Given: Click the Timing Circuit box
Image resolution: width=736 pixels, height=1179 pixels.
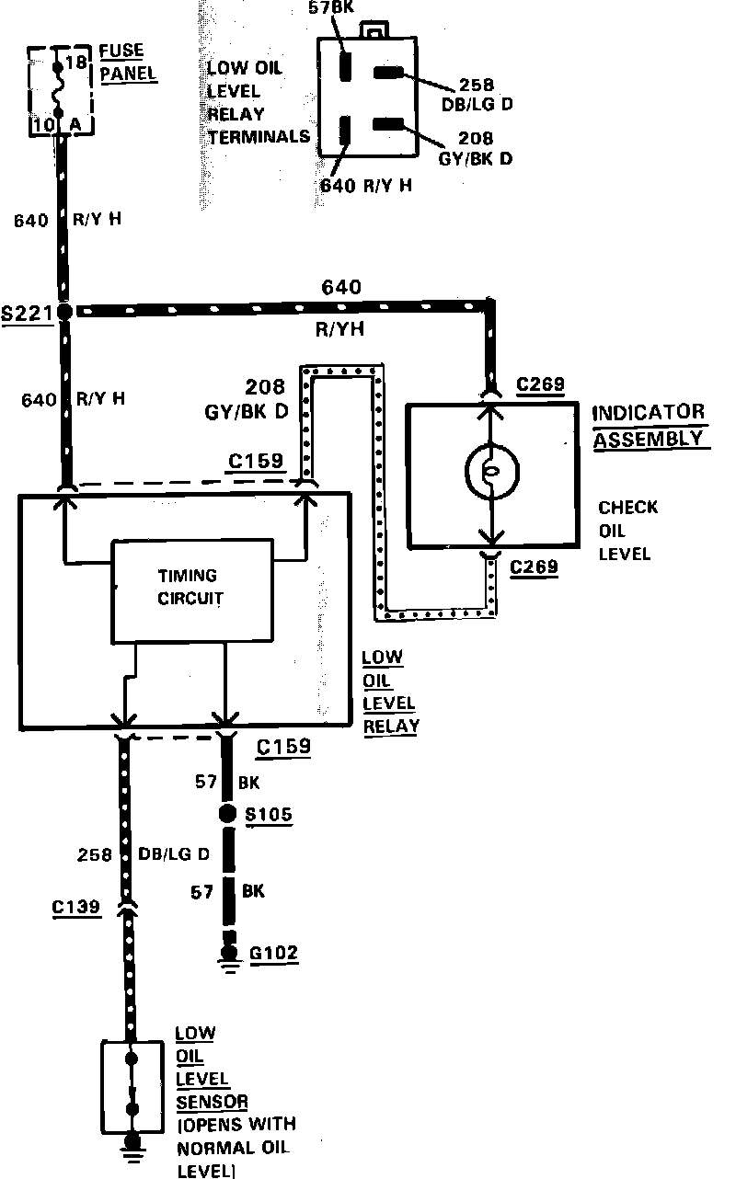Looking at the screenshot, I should tap(192, 588).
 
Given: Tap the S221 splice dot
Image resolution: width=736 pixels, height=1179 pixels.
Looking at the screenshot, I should tap(64, 313).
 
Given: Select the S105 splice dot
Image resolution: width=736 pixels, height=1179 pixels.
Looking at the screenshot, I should tap(226, 814).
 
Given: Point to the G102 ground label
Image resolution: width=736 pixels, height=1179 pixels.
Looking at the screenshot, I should tap(273, 953).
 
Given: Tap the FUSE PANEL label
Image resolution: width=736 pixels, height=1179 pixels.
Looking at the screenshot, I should tap(127, 63).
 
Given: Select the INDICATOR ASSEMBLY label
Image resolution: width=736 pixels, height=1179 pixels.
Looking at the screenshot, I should tap(650, 426).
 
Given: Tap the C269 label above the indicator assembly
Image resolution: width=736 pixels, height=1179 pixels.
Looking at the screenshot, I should tap(540, 384).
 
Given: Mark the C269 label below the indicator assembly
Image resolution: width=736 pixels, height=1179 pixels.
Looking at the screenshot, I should tap(534, 567).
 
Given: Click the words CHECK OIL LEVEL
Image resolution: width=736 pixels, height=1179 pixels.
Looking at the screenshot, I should tap(627, 531).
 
